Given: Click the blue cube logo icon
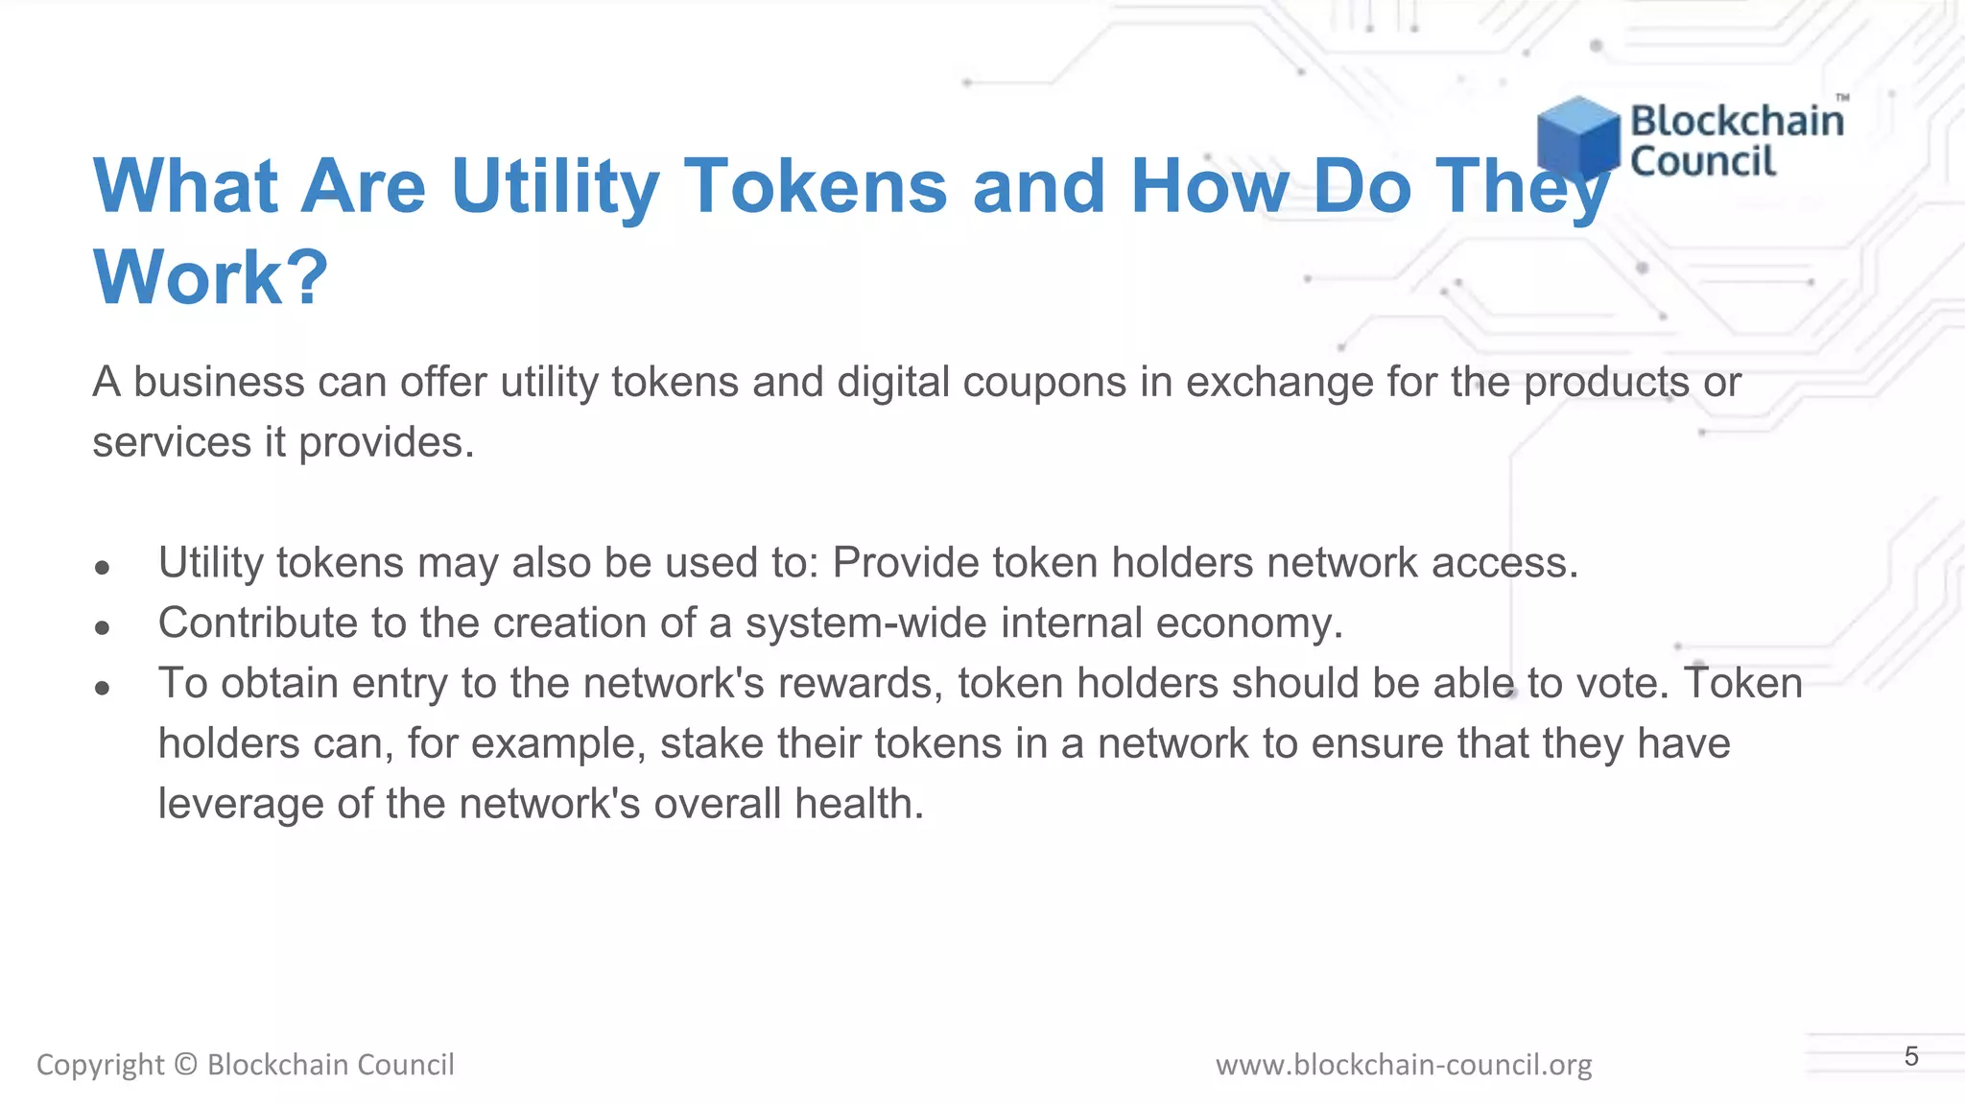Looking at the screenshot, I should (x=1577, y=137).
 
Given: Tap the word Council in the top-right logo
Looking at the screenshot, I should (x=1703, y=161).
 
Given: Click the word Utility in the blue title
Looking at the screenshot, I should (x=555, y=186).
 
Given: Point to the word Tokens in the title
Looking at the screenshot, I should (x=816, y=186).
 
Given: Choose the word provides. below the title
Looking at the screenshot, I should (x=387, y=442).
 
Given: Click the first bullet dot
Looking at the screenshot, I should (x=103, y=567).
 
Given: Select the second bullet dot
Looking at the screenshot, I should (x=103, y=627).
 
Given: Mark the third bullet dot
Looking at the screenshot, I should (x=103, y=688).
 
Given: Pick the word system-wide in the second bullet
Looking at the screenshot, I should (x=866, y=623).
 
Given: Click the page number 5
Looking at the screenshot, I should (x=1911, y=1056).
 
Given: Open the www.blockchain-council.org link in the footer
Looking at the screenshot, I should (x=1404, y=1065).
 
